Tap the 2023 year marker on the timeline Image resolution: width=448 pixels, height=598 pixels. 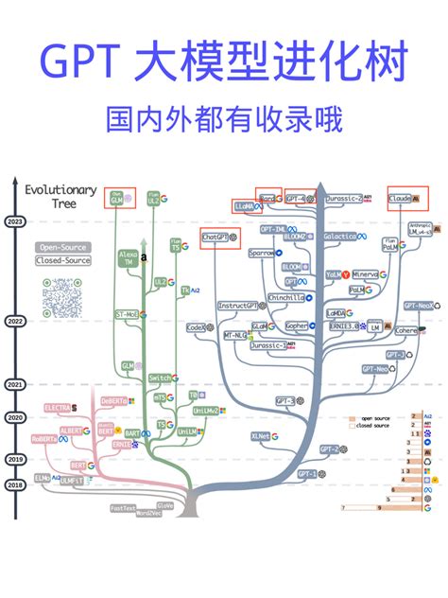[15, 222]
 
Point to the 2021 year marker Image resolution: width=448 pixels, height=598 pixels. [15, 385]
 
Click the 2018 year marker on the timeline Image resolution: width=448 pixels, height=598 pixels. [15, 484]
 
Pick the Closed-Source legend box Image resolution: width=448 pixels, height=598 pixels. [58, 260]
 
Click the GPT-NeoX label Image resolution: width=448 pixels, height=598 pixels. [419, 307]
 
